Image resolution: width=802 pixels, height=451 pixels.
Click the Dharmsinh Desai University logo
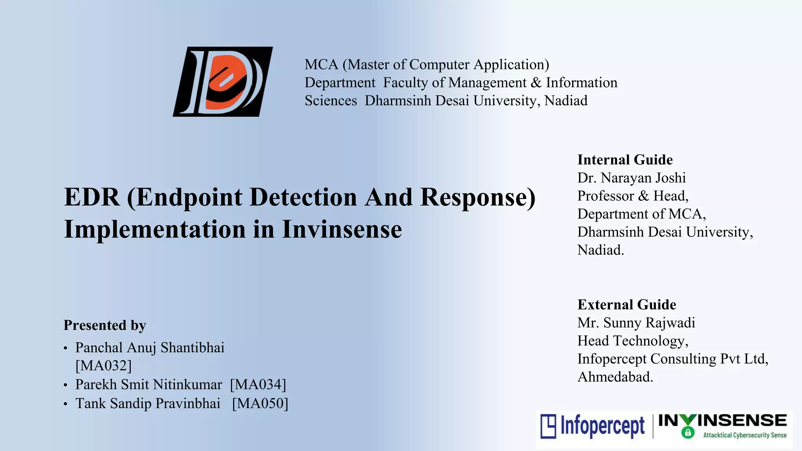pyautogui.click(x=223, y=81)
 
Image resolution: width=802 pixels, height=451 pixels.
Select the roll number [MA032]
pyautogui.click(x=103, y=366)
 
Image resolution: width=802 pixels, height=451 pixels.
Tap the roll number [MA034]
pyautogui.click(x=258, y=384)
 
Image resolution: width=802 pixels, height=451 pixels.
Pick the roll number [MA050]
pyautogui.click(x=260, y=403)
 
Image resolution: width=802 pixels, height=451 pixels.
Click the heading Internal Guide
pyautogui.click(x=625, y=160)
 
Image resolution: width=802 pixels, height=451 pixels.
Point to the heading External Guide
pyautogui.click(x=627, y=305)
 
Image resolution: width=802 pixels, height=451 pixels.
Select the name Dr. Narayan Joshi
pyautogui.click(x=631, y=178)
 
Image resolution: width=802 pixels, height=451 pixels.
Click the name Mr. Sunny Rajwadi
pyautogui.click(x=636, y=323)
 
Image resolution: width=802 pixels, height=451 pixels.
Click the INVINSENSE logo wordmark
pyautogui.click(x=723, y=420)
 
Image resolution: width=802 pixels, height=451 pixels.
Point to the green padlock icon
pyautogui.click(x=688, y=433)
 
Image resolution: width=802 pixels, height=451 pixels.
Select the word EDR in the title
pyautogui.click(x=92, y=197)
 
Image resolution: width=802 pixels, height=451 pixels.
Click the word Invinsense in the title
pyautogui.click(x=341, y=229)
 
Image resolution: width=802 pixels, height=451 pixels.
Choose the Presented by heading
pyautogui.click(x=105, y=325)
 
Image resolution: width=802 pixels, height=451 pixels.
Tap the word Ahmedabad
pyautogui.click(x=615, y=377)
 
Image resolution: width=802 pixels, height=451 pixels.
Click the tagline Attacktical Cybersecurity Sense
pyautogui.click(x=745, y=435)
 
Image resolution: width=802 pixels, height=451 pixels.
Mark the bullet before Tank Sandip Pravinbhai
pyautogui.click(x=65, y=404)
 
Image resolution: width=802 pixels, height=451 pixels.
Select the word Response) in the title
pyautogui.click(x=478, y=197)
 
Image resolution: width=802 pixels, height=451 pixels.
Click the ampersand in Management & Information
pyautogui.click(x=536, y=83)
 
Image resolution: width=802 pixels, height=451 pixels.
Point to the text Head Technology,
pyautogui.click(x=632, y=341)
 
